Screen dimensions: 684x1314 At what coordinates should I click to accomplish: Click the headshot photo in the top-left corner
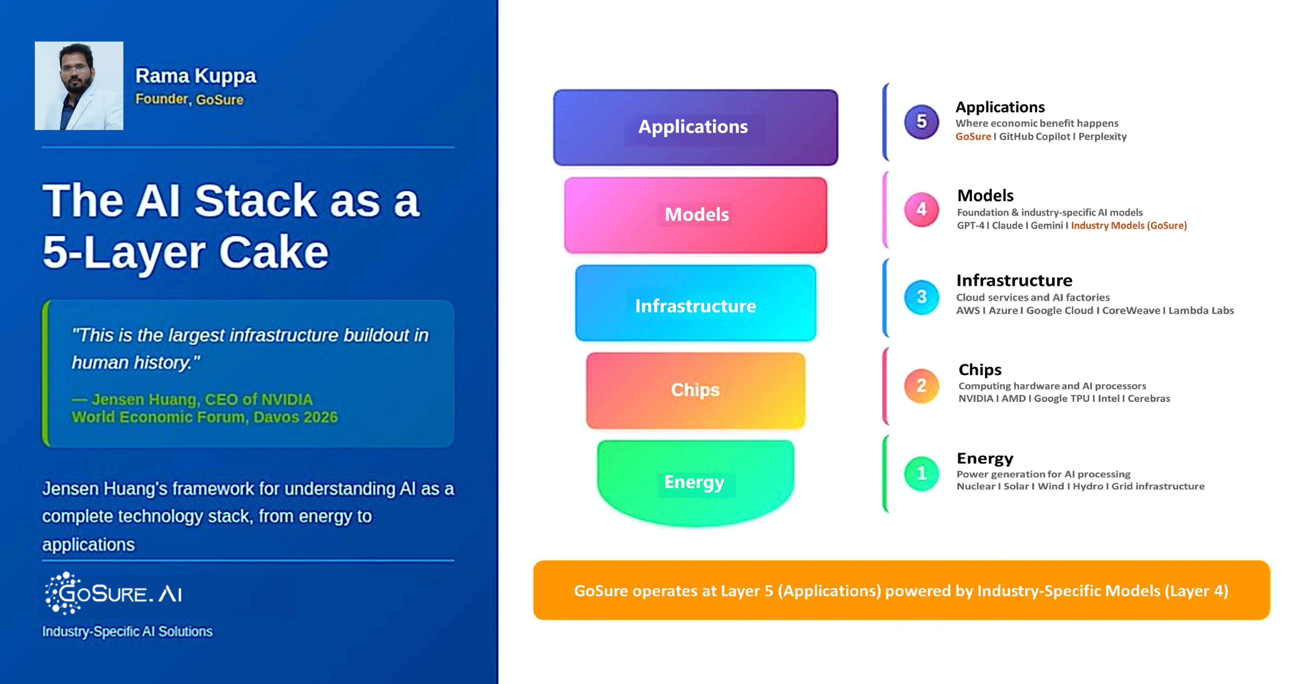point(79,86)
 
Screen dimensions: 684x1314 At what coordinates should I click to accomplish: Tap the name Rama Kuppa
point(195,76)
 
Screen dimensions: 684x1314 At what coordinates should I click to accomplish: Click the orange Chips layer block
point(695,390)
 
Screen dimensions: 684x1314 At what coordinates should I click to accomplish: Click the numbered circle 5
point(921,121)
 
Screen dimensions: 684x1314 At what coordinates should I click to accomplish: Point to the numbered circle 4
point(921,209)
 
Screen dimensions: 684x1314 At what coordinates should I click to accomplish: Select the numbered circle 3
point(921,297)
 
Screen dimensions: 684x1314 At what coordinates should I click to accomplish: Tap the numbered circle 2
point(921,385)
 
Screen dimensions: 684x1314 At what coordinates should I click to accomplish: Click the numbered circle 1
point(921,473)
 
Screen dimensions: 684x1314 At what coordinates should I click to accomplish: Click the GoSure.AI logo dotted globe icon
point(62,593)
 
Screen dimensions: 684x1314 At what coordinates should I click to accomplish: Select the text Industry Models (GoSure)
point(1128,225)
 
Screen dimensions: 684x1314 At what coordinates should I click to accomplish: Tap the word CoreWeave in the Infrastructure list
point(1131,310)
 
